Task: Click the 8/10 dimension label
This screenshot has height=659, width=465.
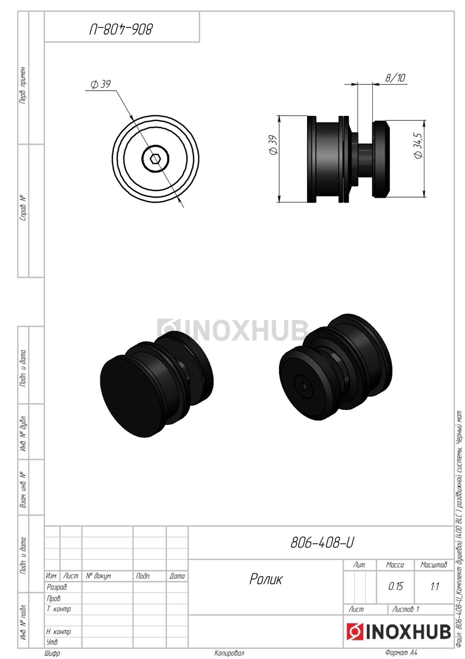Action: pos(395,77)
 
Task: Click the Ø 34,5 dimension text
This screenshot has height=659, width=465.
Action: pos(418,146)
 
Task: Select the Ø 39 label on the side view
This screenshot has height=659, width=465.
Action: pos(273,145)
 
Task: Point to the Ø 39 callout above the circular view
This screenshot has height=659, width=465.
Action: pos(100,85)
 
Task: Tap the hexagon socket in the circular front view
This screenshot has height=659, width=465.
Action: pos(155,159)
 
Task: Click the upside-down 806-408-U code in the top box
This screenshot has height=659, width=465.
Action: pos(121,30)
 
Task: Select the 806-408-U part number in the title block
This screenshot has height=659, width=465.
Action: pos(322,543)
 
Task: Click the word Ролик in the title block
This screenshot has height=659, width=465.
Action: pos(265,579)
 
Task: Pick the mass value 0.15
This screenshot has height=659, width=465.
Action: pos(395,587)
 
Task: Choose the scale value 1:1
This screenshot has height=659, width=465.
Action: pos(434,587)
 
